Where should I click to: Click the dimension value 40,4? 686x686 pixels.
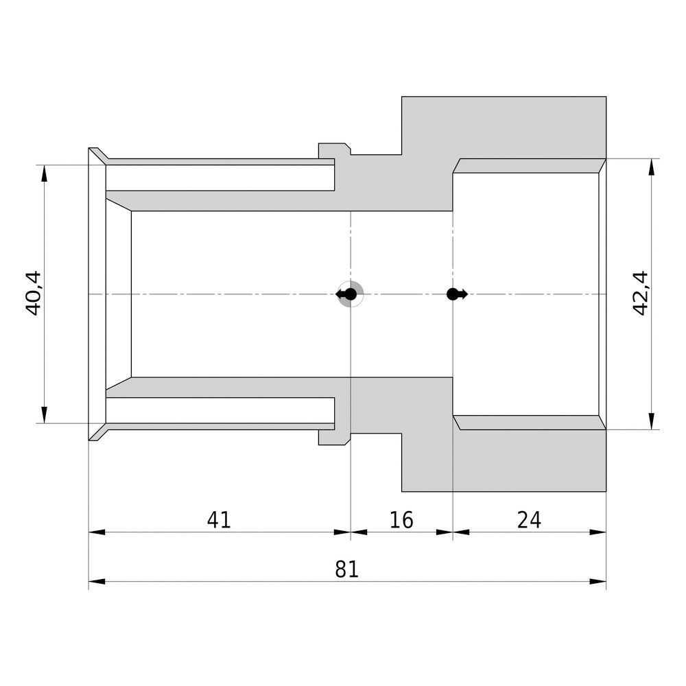point(34,294)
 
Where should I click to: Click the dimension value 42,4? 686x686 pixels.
point(640,293)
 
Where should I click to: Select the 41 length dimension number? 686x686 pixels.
point(219,520)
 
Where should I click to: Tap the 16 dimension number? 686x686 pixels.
point(401,520)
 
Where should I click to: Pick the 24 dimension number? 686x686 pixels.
point(529,520)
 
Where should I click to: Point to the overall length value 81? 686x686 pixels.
point(347,569)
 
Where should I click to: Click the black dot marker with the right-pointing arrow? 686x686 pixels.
point(457,294)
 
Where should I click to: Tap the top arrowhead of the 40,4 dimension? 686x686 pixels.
point(44,174)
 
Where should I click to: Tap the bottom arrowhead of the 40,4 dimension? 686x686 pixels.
point(44,415)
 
